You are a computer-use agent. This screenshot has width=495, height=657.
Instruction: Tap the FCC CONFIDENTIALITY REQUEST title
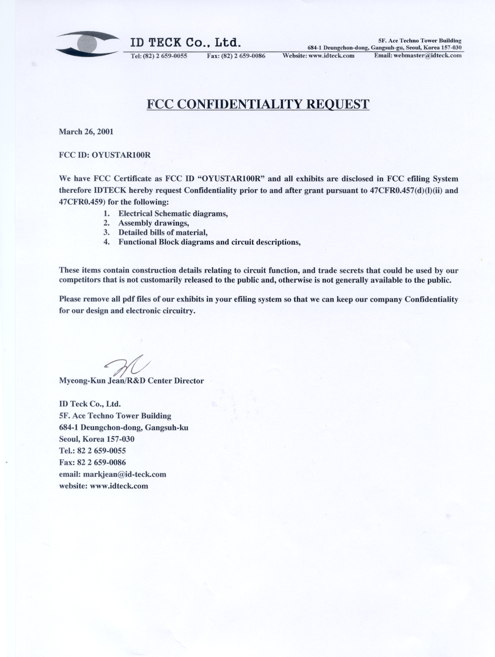click(x=258, y=104)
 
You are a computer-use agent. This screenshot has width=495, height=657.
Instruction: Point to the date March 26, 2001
click(x=86, y=132)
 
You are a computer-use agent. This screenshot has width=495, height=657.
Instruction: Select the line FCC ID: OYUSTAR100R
click(x=105, y=155)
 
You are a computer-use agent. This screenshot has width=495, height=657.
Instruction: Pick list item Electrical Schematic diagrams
click(x=173, y=214)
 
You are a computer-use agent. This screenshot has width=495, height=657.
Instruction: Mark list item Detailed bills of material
click(x=163, y=233)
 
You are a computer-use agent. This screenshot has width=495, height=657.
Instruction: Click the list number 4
click(x=106, y=242)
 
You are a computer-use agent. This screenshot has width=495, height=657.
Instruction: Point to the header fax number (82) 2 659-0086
click(x=245, y=56)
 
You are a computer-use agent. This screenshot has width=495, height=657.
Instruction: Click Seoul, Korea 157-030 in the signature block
click(x=97, y=439)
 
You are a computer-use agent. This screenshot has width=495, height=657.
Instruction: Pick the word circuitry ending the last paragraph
click(x=179, y=311)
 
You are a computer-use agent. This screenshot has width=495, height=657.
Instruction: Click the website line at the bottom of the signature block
click(x=103, y=486)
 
